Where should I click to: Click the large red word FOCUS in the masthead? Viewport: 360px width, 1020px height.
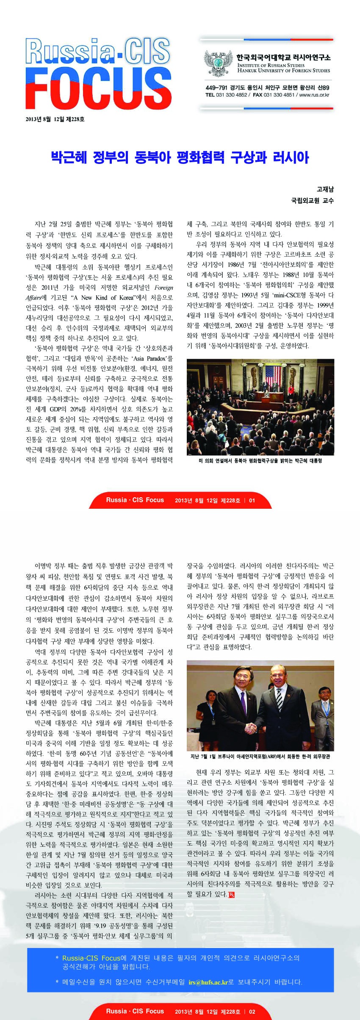click(x=98, y=90)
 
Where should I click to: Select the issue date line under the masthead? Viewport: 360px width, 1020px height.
click(x=55, y=119)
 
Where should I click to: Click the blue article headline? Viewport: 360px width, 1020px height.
click(x=180, y=158)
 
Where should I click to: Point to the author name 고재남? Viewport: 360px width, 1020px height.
click(x=325, y=189)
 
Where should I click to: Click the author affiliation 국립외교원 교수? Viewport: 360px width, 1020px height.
click(x=312, y=200)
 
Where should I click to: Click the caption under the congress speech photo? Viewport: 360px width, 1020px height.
click(x=260, y=460)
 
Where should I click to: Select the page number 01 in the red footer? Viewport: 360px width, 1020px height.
click(x=252, y=500)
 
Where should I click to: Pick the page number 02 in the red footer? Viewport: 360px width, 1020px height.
click(x=252, y=1011)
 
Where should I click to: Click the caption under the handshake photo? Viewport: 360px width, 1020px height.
click(x=260, y=756)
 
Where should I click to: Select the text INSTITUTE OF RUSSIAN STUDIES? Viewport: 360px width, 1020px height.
click(x=271, y=65)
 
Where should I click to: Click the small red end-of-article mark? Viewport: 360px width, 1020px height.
click(x=231, y=895)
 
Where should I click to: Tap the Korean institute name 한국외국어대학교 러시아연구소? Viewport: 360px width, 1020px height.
click(x=283, y=57)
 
